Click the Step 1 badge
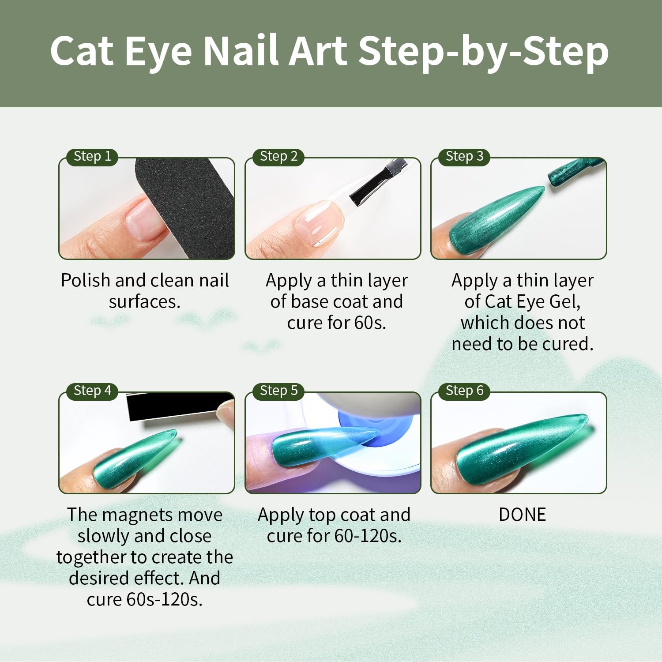coord(92,156)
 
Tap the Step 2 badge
coord(278,156)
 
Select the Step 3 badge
coord(464,156)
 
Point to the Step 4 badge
coord(92,391)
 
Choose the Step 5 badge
coord(278,391)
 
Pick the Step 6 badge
coord(464,391)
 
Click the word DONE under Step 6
coord(522,515)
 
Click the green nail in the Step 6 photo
coord(521,446)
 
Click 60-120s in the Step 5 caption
coord(368,536)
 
